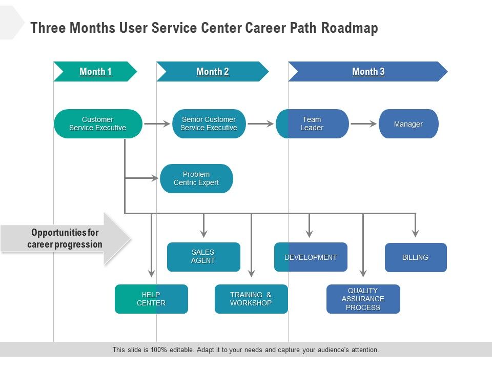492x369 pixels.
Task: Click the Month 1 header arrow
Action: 95,72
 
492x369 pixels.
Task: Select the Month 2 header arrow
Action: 213,72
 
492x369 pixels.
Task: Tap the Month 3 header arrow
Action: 368,72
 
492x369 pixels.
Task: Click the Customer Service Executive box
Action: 98,124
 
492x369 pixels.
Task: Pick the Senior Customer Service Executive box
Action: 209,124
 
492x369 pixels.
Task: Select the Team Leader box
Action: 312,124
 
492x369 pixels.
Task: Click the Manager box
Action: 408,124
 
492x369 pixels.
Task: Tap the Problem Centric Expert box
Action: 196,178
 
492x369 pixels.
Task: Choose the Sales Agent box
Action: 203,257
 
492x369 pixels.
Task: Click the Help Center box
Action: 151,299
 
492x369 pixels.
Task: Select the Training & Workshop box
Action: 251,299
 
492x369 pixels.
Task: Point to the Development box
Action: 311,257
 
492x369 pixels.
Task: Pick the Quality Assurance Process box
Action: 363,299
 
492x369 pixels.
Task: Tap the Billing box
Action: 416,257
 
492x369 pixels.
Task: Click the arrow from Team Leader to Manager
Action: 364,124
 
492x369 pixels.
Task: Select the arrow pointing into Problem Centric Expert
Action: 142,178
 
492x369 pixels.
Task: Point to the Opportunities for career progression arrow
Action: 66,239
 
